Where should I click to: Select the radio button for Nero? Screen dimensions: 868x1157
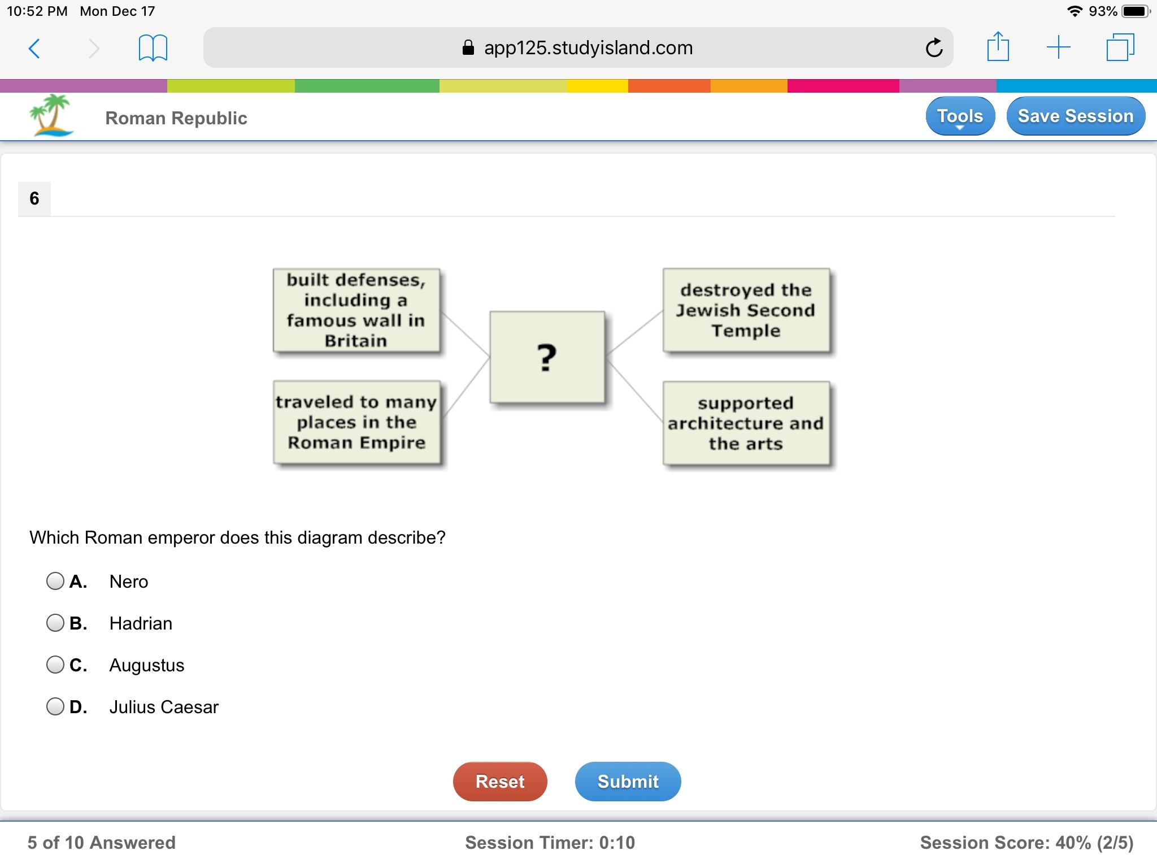(x=55, y=581)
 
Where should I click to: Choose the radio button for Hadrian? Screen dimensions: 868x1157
(x=55, y=623)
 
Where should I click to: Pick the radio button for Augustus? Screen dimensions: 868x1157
(x=55, y=665)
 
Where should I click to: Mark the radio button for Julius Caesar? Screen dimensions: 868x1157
(x=55, y=706)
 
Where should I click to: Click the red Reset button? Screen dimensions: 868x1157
(x=500, y=781)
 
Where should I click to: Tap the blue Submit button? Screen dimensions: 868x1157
(x=628, y=781)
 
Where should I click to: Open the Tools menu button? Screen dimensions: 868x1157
(x=960, y=116)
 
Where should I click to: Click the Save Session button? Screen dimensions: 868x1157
(x=1076, y=116)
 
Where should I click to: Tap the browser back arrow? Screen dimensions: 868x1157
(x=34, y=48)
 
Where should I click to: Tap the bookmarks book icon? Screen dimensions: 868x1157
(x=153, y=48)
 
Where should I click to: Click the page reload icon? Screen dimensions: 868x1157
(x=934, y=48)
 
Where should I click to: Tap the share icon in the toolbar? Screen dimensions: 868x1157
(x=998, y=47)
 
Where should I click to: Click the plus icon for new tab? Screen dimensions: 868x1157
(x=1058, y=47)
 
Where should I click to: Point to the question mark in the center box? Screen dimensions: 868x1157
(x=546, y=357)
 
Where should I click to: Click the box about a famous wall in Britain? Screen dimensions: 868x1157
(x=356, y=310)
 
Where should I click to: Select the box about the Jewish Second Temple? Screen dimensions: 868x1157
(x=746, y=310)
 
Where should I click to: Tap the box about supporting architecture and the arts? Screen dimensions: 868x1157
(x=746, y=423)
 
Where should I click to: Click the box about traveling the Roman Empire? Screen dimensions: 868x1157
(x=356, y=422)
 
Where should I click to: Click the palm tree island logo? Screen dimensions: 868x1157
(x=51, y=115)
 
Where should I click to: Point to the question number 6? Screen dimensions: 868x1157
(x=34, y=198)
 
